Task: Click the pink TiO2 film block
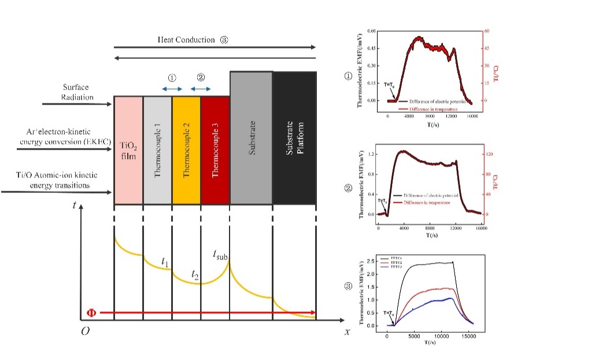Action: [128, 150]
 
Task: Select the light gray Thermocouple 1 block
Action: [157, 150]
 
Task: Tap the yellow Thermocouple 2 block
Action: [186, 150]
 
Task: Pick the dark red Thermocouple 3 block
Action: [215, 150]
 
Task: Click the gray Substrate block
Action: [252, 139]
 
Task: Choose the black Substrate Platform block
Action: [294, 139]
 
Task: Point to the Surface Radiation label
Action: [77, 92]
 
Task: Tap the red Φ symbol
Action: [91, 313]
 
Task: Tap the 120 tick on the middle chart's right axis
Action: [487, 154]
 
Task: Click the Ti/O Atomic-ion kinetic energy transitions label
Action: [50, 180]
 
